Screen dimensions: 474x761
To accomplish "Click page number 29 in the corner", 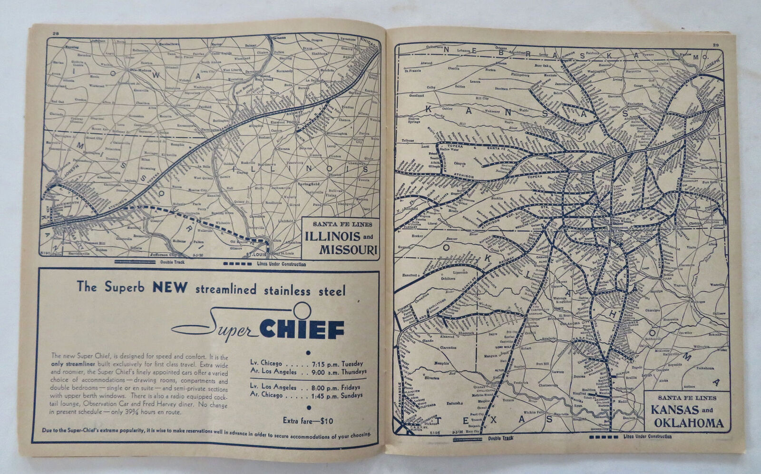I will (716, 45).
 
